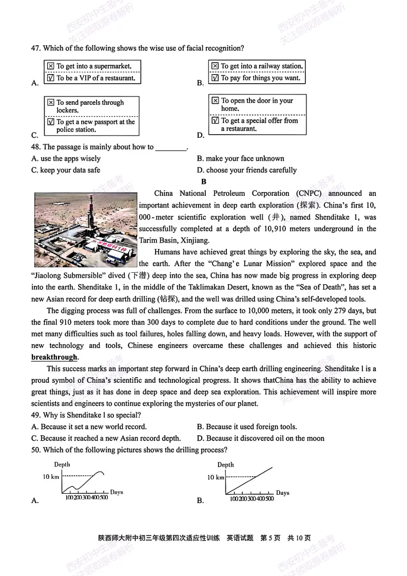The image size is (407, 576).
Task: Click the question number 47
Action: tap(36, 48)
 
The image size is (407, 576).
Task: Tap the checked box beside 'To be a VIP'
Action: tap(50, 78)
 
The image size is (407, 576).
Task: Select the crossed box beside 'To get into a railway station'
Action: tap(215, 66)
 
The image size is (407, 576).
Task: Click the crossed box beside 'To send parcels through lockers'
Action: tap(50, 103)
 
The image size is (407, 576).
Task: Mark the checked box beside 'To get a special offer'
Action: tap(215, 121)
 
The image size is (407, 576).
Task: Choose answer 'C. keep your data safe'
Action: tap(66, 170)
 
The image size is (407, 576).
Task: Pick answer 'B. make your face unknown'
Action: tap(240, 159)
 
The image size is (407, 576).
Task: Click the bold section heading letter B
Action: tap(204, 181)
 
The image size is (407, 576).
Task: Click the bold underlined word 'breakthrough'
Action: tap(54, 357)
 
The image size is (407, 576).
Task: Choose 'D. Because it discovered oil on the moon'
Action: tap(261, 438)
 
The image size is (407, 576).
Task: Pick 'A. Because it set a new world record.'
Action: tap(89, 426)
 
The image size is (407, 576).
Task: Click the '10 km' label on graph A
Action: tap(51, 477)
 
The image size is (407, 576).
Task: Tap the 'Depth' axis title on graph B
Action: tap(225, 464)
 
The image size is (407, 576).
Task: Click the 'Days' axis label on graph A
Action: tap(117, 492)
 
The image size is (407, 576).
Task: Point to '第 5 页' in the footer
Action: tap(270, 538)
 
